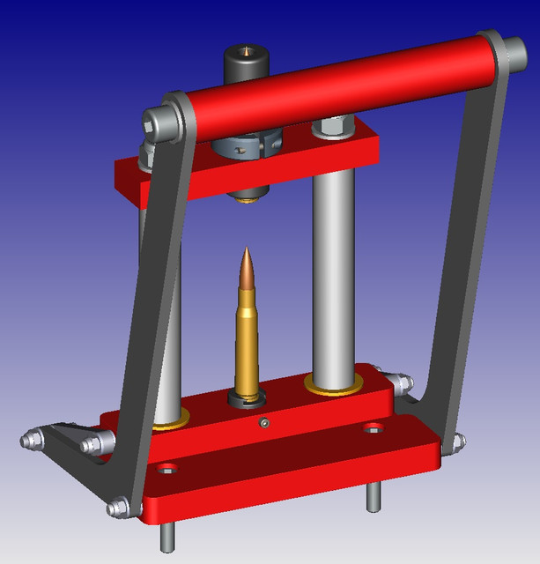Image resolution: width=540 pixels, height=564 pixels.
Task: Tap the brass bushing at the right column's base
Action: pyautogui.click(x=332, y=385)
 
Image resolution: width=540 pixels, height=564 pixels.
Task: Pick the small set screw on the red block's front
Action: pyautogui.click(x=264, y=425)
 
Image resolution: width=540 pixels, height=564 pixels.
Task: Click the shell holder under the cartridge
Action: pyautogui.click(x=247, y=397)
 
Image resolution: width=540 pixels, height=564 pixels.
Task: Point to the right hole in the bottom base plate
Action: pyautogui.click(x=374, y=428)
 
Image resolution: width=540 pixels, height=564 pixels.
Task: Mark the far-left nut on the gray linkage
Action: pyautogui.click(x=29, y=438)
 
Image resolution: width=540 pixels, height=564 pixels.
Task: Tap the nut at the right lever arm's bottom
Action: pyautogui.click(x=457, y=442)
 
